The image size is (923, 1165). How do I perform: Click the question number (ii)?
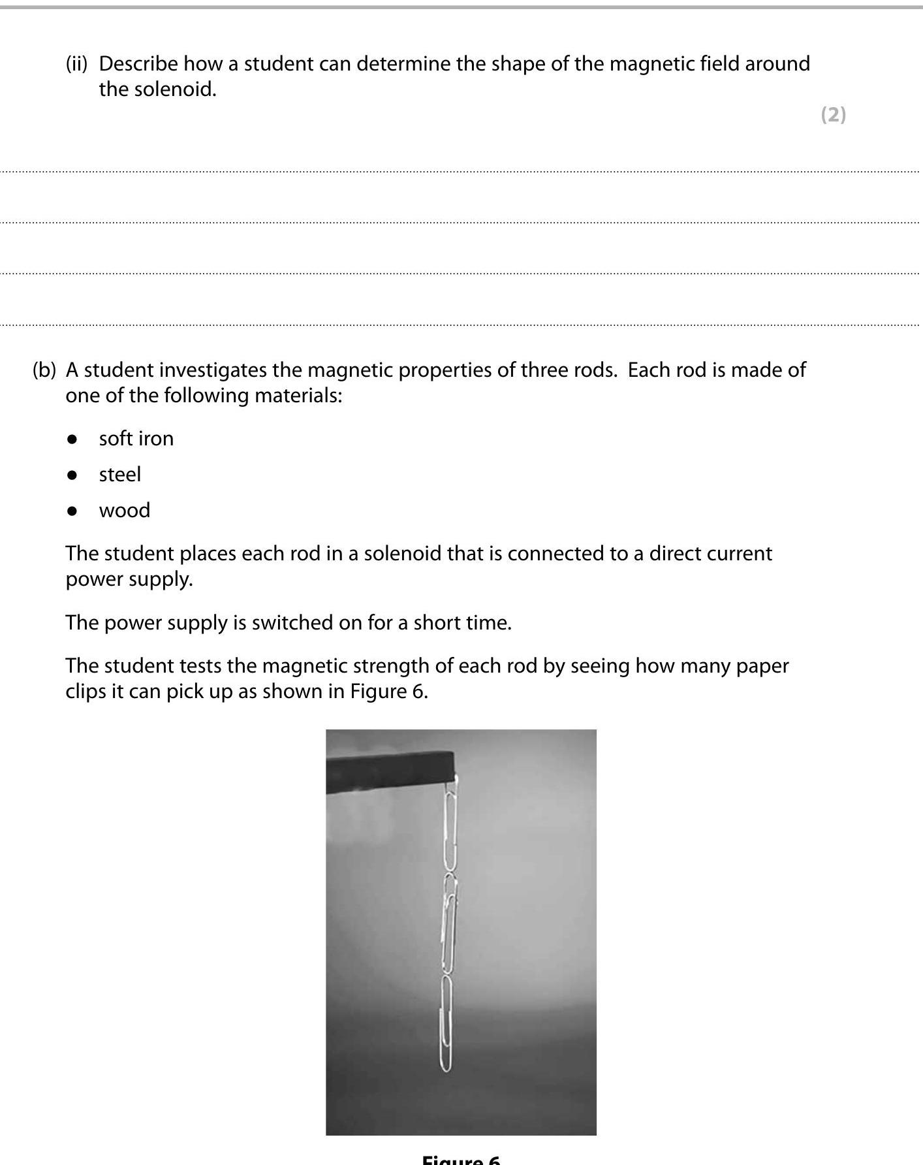tap(76, 64)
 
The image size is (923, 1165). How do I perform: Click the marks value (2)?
tap(833, 115)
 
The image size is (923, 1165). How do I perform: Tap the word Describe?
tap(138, 64)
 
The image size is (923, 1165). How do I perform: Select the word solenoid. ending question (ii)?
tap(175, 89)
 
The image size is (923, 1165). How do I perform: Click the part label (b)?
tap(44, 370)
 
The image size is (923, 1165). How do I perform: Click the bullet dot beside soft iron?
tap(72, 439)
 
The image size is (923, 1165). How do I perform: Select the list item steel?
tap(119, 475)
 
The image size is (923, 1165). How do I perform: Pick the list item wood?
tap(124, 511)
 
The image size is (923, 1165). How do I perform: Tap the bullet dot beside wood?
tap(72, 511)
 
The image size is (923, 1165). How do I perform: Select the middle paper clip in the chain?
tap(449, 924)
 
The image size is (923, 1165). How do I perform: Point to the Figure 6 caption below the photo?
tap(461, 1159)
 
